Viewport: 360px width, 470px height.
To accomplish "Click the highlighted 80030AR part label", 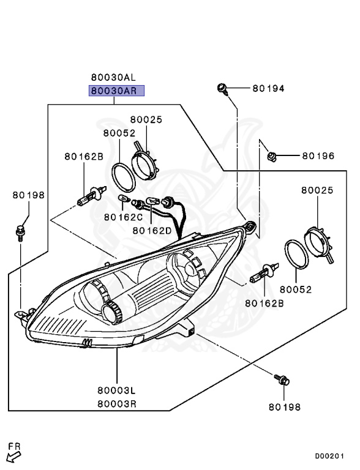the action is [x=116, y=91].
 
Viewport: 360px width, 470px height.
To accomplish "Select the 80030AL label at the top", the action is [x=113, y=77].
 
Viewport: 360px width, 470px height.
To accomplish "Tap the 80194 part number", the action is [x=268, y=88].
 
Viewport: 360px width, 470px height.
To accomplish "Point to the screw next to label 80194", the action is [x=223, y=89].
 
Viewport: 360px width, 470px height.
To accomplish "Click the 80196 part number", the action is [x=318, y=156].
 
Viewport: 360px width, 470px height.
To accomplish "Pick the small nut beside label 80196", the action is [x=271, y=157].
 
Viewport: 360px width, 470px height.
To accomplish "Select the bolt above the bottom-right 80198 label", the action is [x=282, y=380].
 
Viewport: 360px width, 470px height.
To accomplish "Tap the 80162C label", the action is [x=123, y=217].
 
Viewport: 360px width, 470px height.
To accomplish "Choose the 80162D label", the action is [x=152, y=231].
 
